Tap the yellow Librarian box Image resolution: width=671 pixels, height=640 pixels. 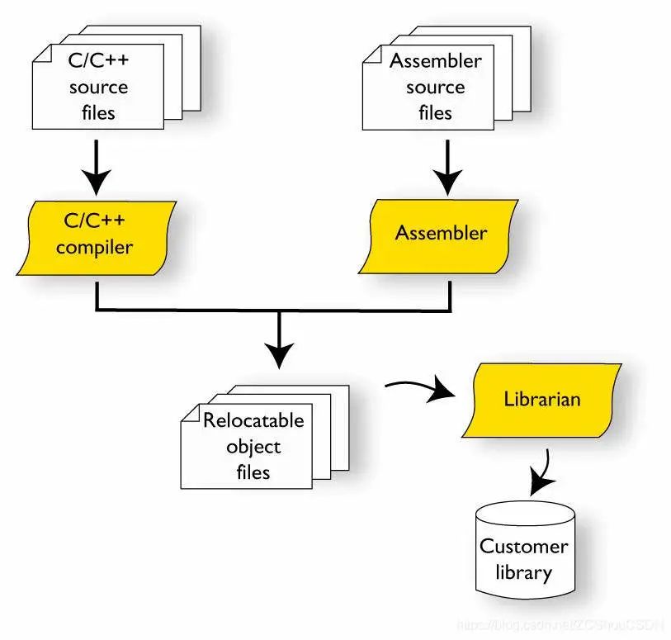point(541,400)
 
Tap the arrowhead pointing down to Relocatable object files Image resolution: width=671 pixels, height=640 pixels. point(281,355)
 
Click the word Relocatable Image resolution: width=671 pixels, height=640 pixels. point(253,421)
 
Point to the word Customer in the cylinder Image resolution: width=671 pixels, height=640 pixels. point(524,547)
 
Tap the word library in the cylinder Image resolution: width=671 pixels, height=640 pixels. point(524,571)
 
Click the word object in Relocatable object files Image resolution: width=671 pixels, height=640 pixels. point(253,447)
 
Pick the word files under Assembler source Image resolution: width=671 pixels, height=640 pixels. point(435,112)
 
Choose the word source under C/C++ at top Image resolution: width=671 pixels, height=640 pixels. point(99,87)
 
